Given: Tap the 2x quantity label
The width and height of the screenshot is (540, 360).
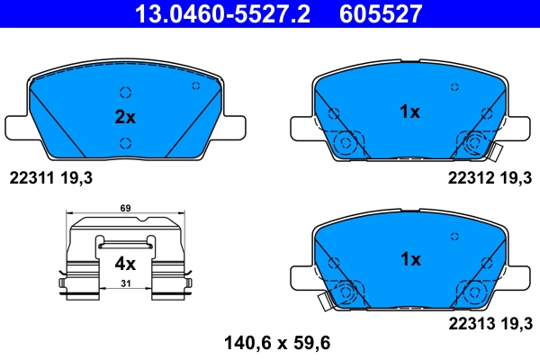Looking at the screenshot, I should coord(124,117).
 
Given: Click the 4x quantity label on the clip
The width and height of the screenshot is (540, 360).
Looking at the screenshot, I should coord(124,264).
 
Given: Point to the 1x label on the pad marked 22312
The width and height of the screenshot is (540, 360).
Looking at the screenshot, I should coord(409,112).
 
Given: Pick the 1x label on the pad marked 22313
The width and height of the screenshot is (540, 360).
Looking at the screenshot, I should coord(409,260).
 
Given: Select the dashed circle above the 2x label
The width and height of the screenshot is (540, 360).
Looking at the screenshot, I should coord(125,92).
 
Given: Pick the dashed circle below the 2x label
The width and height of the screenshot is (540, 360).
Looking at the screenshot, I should coord(125,141).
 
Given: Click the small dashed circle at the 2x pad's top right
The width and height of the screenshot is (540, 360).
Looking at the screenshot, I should coord(196,85).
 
